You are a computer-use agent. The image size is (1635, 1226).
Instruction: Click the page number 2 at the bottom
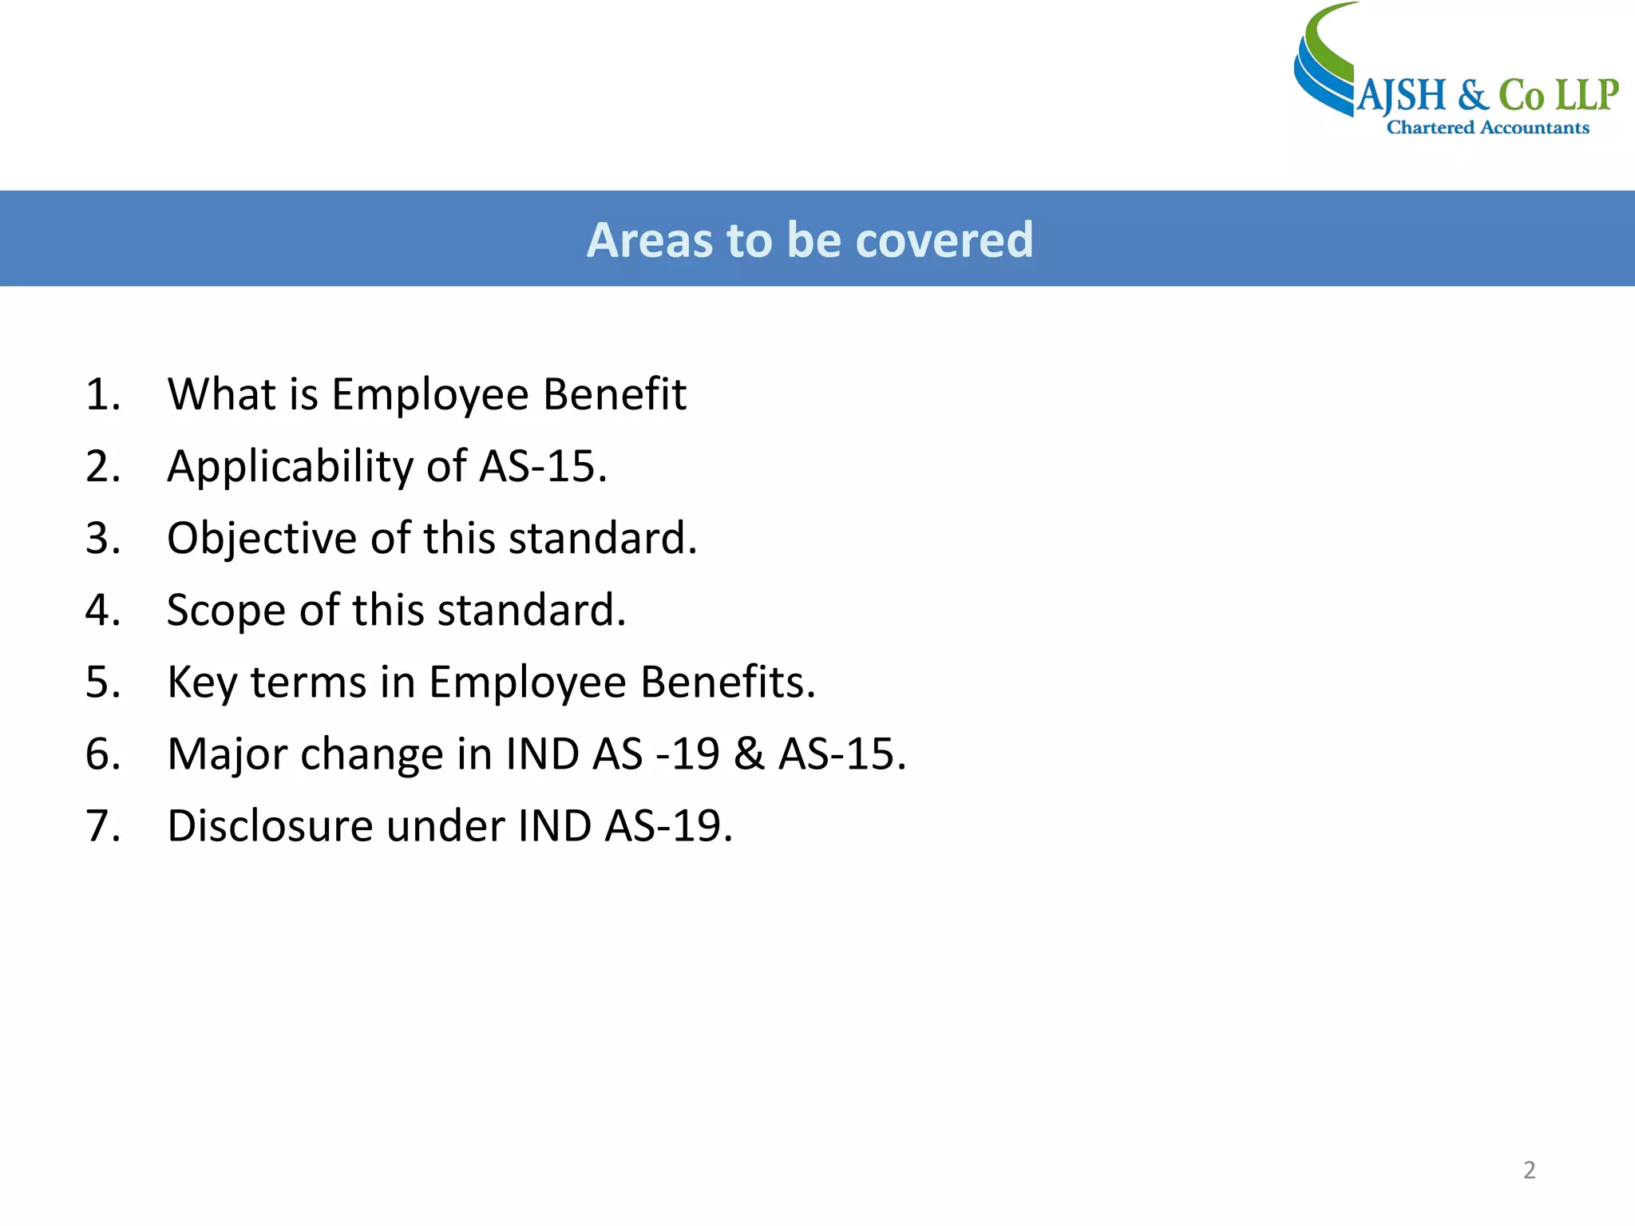pos(1529,1170)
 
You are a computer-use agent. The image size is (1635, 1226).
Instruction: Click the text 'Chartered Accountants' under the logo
pos(1487,128)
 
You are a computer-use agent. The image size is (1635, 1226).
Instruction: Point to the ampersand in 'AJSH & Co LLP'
pos(1473,96)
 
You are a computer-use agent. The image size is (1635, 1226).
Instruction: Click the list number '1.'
pos(103,394)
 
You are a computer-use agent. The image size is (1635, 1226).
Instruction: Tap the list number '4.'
pos(103,610)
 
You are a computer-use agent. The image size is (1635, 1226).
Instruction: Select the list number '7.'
pos(103,825)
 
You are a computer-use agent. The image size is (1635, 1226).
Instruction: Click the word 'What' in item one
pos(221,394)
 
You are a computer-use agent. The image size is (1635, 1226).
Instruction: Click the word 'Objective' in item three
pos(261,538)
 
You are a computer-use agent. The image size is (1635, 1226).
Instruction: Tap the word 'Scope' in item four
pos(226,611)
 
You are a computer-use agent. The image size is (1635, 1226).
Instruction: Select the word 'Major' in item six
pos(227,754)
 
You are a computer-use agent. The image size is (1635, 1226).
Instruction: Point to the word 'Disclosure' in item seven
pos(270,825)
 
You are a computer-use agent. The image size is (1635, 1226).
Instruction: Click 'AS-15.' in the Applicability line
pos(543,466)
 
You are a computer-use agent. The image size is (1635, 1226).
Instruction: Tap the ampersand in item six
pos(749,754)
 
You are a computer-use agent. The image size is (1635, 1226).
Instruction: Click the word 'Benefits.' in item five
pos(728,682)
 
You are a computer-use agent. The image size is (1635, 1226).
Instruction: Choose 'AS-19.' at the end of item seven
pos(668,825)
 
